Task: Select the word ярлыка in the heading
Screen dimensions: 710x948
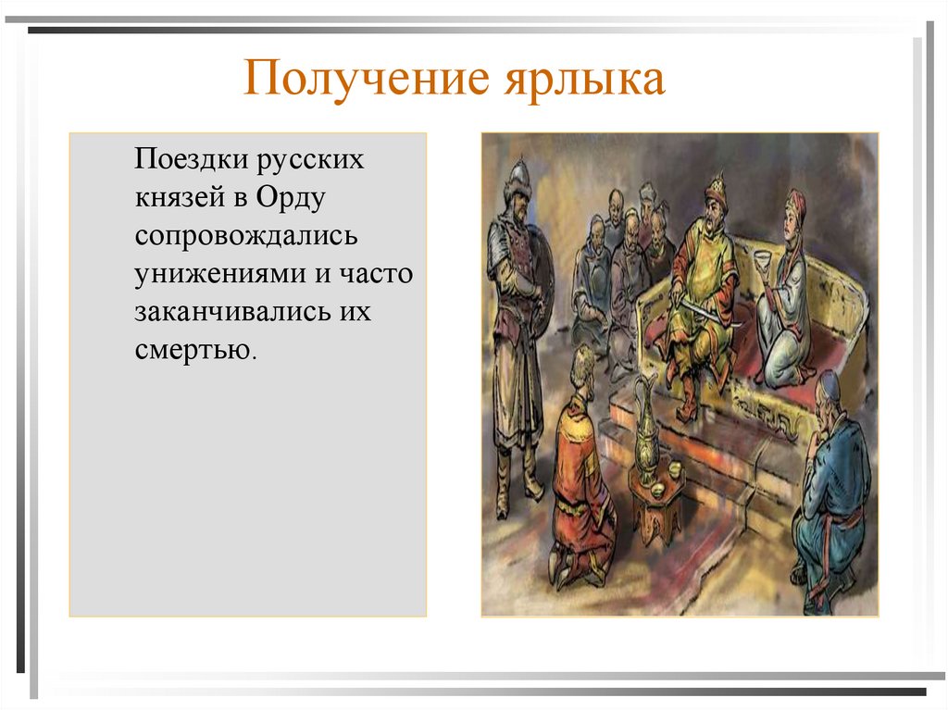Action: click(x=583, y=81)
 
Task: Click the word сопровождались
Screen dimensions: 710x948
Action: click(x=246, y=235)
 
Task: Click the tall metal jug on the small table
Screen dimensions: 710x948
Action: click(x=645, y=430)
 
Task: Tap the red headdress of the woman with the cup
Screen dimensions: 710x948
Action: click(x=794, y=201)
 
